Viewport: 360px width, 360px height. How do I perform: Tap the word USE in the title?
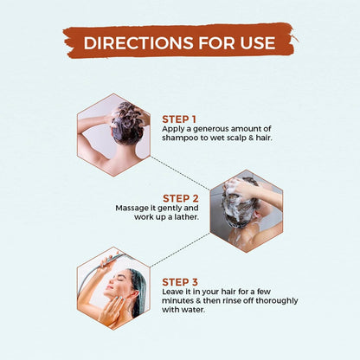point(257,42)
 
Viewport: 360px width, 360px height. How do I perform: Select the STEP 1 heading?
point(179,119)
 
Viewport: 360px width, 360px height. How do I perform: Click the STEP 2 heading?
point(181,198)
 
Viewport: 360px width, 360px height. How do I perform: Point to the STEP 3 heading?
point(180,282)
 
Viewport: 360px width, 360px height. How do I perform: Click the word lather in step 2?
point(187,216)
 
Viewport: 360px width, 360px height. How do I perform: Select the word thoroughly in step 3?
point(277,301)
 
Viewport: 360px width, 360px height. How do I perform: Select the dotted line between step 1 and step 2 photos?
point(180,173)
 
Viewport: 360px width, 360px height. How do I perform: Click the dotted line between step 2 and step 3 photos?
point(180,250)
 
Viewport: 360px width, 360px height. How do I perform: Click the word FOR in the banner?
point(216,42)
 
